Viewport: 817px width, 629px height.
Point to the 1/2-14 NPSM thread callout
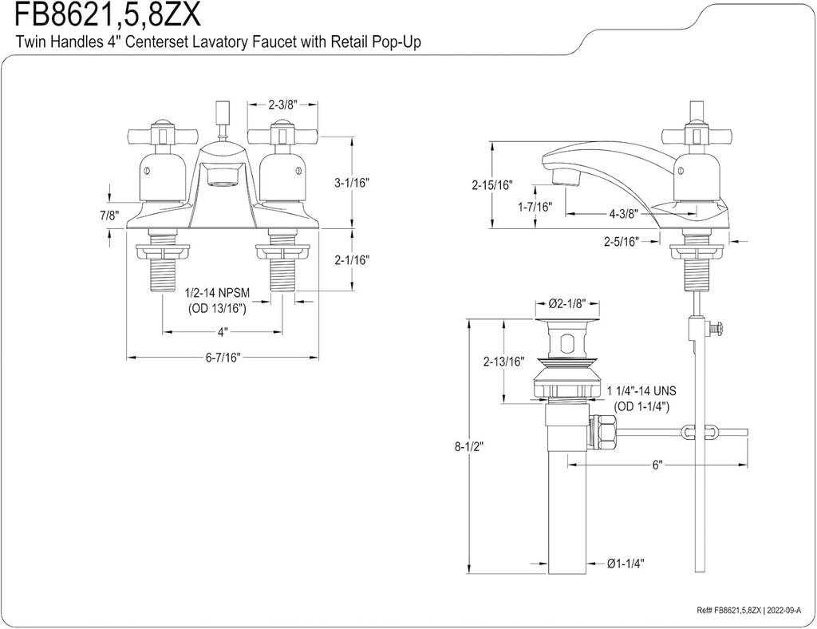[x=217, y=294]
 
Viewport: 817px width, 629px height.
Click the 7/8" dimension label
[x=109, y=216]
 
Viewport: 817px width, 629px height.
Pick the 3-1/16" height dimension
[x=352, y=182]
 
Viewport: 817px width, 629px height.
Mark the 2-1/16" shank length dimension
[x=352, y=259]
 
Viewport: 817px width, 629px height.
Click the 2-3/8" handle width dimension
[x=282, y=104]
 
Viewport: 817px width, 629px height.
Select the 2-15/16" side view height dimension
[x=492, y=185]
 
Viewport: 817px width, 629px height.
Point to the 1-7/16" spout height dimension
[x=535, y=207]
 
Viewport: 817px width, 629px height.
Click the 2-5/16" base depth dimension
[x=622, y=240]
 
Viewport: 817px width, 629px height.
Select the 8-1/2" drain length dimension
[x=470, y=446]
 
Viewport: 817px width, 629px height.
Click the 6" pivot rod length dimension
[x=657, y=465]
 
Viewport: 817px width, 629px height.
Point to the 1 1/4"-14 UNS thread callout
[x=641, y=391]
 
